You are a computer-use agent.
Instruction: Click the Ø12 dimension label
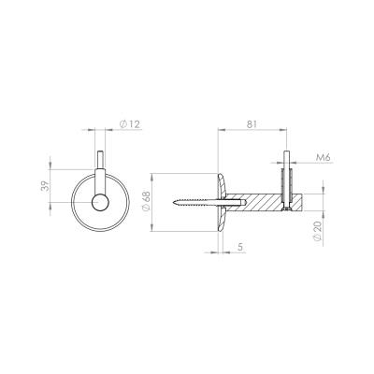click(x=130, y=124)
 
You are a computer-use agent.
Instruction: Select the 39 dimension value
click(x=46, y=186)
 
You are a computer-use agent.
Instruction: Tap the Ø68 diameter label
click(x=147, y=201)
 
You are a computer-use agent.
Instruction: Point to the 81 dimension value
click(x=252, y=124)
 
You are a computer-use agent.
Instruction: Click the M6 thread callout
click(x=323, y=158)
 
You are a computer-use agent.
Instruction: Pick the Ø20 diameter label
click(x=317, y=231)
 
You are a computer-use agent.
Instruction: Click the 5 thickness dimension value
click(x=240, y=247)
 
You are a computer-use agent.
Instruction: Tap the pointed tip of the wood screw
click(x=172, y=203)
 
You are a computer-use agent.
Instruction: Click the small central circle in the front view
click(x=100, y=202)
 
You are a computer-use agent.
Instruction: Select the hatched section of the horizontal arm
click(x=254, y=203)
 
